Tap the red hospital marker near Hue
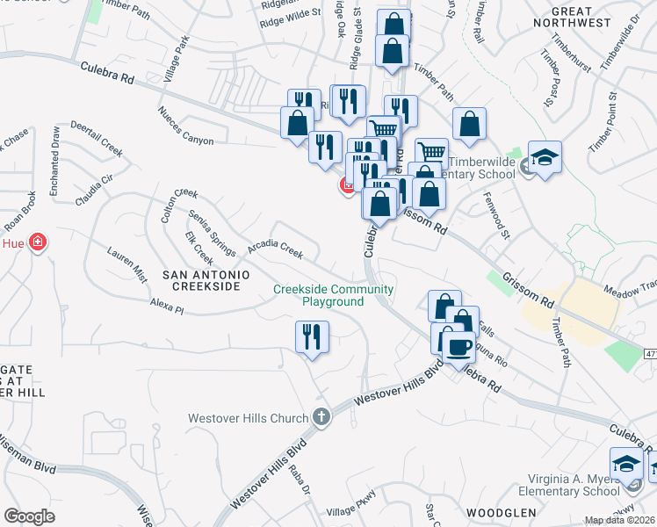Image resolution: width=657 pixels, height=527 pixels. coord(37,242)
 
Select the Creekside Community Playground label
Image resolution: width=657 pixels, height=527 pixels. coord(333,295)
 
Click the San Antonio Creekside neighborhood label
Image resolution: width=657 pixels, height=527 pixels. coord(201,281)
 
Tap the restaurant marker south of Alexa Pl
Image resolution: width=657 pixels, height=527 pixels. coord(312,337)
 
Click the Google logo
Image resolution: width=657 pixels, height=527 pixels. coord(29,516)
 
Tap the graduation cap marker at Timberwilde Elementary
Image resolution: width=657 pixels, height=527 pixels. coord(545,158)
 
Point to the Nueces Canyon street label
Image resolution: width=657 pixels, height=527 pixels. coord(186,126)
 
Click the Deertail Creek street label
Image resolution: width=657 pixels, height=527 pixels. coord(97,138)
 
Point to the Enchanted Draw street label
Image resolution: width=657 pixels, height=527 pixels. coord(54,168)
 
